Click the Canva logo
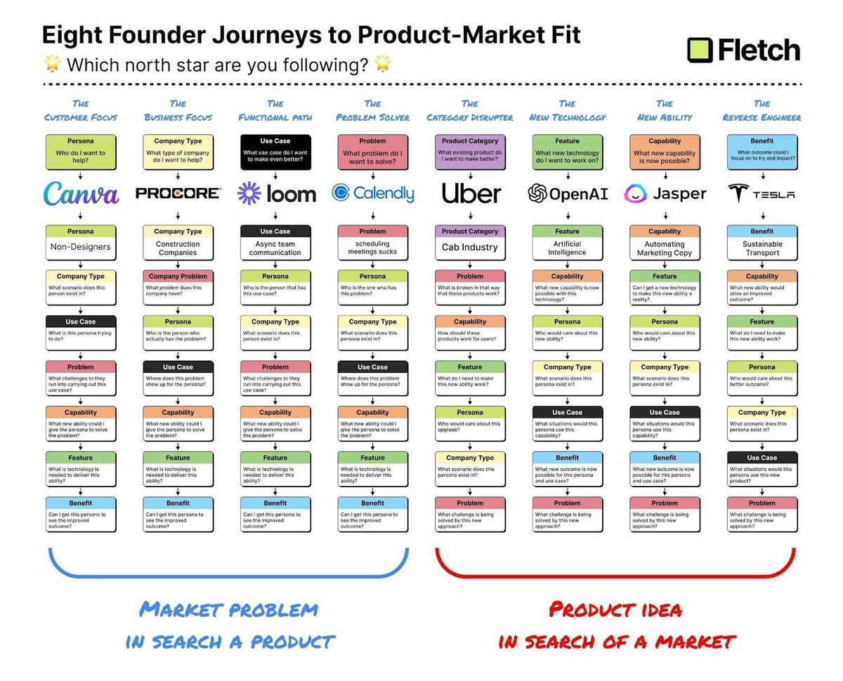point(81,193)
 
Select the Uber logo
point(471,193)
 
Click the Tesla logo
point(762,194)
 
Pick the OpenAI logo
point(568,194)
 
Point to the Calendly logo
point(372,193)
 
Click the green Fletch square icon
point(700,50)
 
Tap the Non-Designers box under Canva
point(81,242)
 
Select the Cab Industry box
point(470,242)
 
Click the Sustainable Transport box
point(762,243)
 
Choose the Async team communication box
point(275,243)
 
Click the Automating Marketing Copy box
point(665,243)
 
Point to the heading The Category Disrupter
point(470,110)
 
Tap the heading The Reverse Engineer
point(762,110)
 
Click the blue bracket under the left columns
point(228,575)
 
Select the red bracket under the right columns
point(615,575)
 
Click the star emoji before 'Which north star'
point(52,65)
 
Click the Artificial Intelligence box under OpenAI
point(568,243)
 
